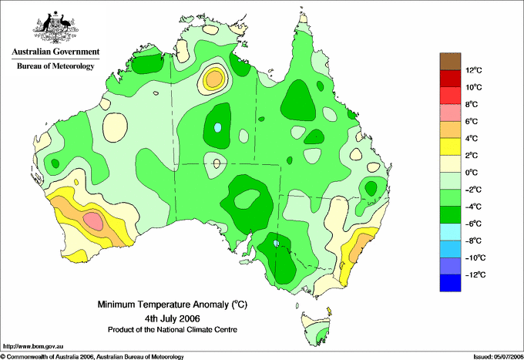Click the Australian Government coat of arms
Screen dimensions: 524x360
coord(55,27)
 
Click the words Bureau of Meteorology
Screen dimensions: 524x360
coord(55,66)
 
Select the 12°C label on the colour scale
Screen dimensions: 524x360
coord(474,70)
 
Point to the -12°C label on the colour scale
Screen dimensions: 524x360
coord(475,274)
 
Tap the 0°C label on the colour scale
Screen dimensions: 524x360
coord(472,173)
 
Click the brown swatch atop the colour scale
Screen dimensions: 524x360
coord(450,62)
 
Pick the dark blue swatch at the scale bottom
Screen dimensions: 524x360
coord(450,283)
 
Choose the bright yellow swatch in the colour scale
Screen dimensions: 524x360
coord(450,146)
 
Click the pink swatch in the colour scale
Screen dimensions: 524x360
coord(450,113)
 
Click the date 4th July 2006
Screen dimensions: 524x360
coord(173,318)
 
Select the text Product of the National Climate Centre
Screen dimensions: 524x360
coord(173,330)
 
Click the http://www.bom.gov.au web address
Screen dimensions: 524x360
coord(33,347)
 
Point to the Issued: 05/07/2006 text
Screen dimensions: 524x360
coord(499,357)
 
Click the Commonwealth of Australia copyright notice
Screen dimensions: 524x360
coord(92,357)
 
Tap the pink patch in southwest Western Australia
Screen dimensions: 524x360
coord(93,220)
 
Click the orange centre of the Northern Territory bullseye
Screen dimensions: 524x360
coord(214,79)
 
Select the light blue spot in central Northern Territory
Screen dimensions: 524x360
coord(217,127)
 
